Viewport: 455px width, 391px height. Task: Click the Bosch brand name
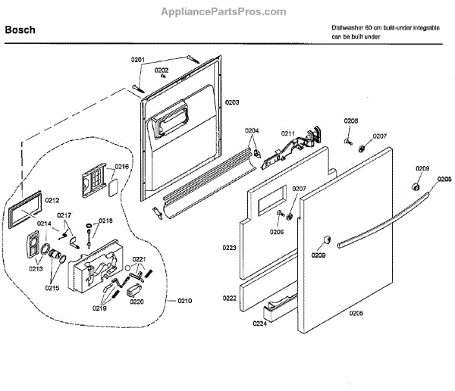coord(20,30)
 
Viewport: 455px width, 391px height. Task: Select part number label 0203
coord(232,102)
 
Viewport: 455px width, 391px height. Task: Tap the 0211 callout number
coord(287,134)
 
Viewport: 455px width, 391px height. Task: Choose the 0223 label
coord(229,247)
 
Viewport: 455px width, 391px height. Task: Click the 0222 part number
coord(229,298)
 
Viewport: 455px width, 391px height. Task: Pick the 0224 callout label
coord(260,323)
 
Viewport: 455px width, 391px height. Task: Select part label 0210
coord(184,302)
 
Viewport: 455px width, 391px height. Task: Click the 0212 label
coord(52,200)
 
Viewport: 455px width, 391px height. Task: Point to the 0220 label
coord(136,302)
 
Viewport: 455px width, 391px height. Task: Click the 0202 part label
coord(162,70)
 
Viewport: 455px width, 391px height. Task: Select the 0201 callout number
coord(137,60)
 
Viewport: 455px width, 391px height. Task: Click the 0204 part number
coord(252,131)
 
